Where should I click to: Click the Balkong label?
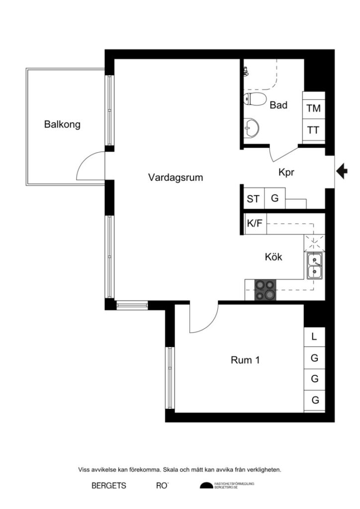pos(62,125)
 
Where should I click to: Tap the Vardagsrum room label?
pos(176,177)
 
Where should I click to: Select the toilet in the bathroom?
pos(255,99)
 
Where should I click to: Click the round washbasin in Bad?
pos(251,128)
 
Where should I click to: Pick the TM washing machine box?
pos(314,108)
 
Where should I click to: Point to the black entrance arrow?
pos(342,171)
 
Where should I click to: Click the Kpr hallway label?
pos(286,172)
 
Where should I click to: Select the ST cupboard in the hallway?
pos(254,198)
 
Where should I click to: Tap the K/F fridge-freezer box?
pos(255,224)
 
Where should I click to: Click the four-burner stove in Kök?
pos(265,290)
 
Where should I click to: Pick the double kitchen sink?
pos(315,265)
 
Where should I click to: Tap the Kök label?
pos(273,257)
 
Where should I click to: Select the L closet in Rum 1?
pos(314,337)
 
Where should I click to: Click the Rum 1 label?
pos(245,360)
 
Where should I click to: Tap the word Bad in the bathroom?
pos(278,105)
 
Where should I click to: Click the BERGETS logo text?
pos(109,486)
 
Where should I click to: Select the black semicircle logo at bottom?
pos(206,486)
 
